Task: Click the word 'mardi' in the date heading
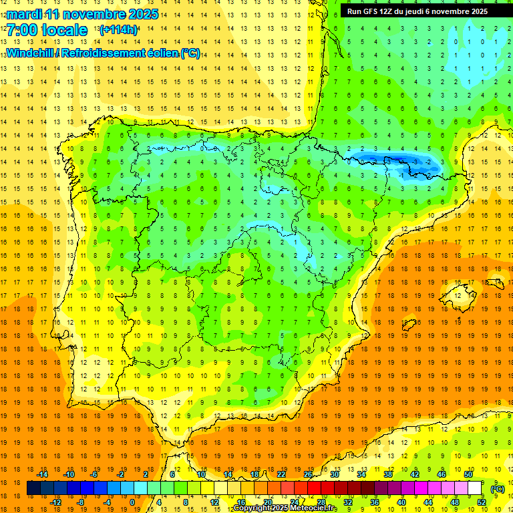24,14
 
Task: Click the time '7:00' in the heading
21,30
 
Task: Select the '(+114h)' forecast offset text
118,30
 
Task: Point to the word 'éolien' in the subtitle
160,53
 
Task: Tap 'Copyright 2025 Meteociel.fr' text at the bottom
285,508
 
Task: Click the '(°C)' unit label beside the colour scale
497,489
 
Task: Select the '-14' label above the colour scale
42,474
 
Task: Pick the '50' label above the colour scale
468,474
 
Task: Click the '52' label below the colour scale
482,502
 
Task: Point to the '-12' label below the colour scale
55,502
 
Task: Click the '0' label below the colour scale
133,502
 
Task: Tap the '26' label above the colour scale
308,474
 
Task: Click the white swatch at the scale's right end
474,488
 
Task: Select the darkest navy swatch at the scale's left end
33,488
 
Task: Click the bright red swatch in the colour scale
314,488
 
